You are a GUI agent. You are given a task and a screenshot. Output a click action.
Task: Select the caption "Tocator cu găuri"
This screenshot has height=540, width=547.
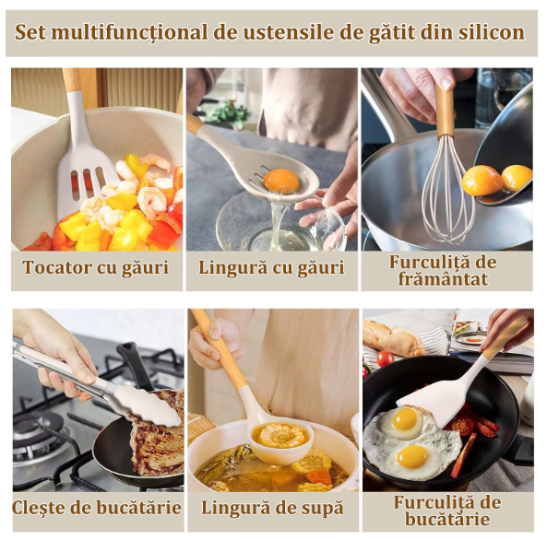click(x=96, y=268)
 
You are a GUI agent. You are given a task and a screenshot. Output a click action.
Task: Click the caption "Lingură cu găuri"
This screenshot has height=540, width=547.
click(x=271, y=268)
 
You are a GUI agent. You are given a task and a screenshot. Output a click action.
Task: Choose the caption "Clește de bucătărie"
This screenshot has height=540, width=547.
click(x=96, y=508)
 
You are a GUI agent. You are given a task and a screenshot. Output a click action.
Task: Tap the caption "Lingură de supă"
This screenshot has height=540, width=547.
click(x=271, y=508)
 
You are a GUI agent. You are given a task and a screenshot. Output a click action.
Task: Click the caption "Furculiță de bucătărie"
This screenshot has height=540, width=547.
click(x=446, y=510)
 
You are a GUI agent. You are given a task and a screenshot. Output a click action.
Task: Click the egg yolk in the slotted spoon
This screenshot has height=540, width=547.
click(x=280, y=181)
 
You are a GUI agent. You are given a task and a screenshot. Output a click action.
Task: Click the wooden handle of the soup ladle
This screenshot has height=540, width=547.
click(x=221, y=350)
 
